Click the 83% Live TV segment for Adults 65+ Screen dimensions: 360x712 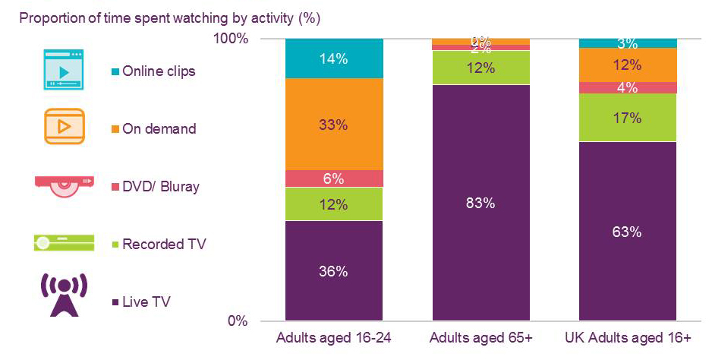point(480,203)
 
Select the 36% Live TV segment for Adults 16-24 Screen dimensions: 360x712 point(333,270)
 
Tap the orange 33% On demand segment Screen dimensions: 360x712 point(333,124)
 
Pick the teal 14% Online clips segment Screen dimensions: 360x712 point(333,58)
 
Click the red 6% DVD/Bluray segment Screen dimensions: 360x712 point(333,178)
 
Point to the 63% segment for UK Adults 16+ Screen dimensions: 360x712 point(628,232)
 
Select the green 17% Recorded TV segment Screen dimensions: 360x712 point(628,118)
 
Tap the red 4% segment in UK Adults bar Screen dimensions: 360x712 point(628,87)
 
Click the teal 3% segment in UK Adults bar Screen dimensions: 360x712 point(628,43)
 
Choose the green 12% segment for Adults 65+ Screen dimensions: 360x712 point(480,68)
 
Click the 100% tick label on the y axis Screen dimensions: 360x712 point(234,39)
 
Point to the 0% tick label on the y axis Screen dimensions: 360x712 point(238,321)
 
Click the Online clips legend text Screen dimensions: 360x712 point(159,71)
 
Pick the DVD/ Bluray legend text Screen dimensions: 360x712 point(161,186)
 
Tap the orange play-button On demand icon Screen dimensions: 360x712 point(65,125)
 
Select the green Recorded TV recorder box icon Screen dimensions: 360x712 point(65,242)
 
